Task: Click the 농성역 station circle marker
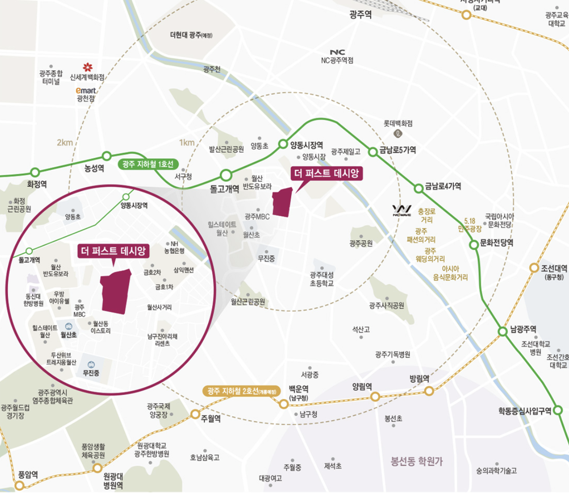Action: [107, 156]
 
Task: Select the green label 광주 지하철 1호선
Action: [148, 164]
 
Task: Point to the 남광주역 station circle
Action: [503, 331]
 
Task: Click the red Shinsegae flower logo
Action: [88, 68]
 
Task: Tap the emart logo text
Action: [86, 91]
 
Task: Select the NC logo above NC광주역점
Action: [337, 52]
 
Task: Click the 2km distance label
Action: [65, 143]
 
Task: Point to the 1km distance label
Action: [187, 143]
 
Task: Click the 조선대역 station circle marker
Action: [534, 268]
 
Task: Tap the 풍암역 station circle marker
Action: [19, 485]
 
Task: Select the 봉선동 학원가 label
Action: [416, 462]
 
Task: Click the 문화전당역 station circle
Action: [474, 245]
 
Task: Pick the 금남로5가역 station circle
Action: [373, 151]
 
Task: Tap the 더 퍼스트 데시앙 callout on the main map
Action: [326, 174]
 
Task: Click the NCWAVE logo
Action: [401, 211]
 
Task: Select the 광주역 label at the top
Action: [361, 15]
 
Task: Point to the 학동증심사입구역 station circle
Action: [558, 410]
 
